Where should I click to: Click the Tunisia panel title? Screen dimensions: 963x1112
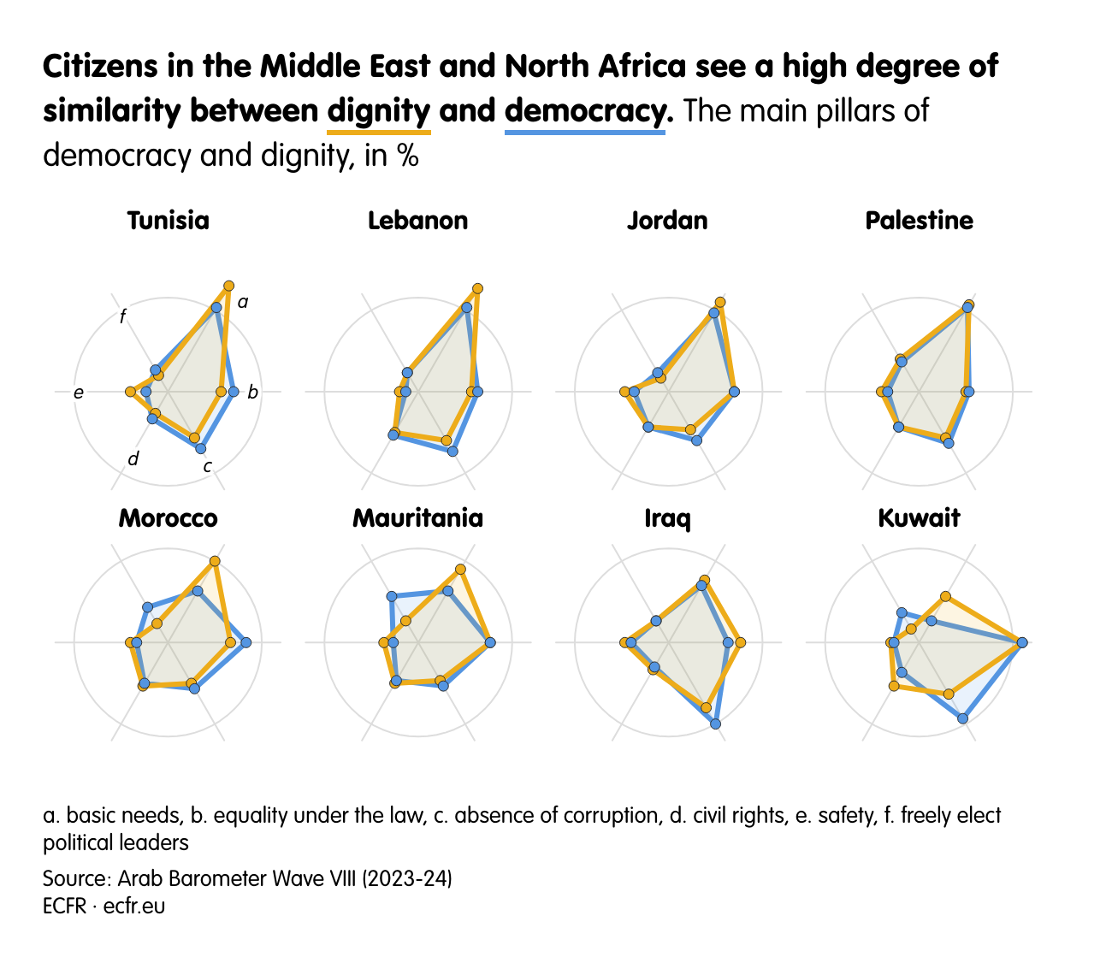pos(168,221)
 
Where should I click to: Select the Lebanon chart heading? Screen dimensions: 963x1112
pos(417,221)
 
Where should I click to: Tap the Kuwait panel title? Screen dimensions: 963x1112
pos(919,518)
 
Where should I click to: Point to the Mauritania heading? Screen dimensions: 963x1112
pos(417,518)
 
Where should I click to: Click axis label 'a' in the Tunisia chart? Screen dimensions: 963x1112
pos(243,302)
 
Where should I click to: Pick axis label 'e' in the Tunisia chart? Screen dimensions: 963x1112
pos(79,393)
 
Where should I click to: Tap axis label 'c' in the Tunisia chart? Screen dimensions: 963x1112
pos(207,467)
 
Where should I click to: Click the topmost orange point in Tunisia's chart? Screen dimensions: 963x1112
pos(228,285)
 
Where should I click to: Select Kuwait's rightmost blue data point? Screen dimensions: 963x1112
pos(1021,642)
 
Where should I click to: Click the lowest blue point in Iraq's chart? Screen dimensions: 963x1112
pos(715,724)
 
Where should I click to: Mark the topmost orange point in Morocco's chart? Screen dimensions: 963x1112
pos(215,561)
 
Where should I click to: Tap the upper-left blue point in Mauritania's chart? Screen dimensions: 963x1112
pos(392,596)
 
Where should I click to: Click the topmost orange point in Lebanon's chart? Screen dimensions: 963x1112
pos(477,289)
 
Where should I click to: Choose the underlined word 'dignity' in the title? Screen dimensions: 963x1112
pos(379,111)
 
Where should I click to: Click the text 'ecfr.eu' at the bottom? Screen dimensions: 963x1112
pos(134,906)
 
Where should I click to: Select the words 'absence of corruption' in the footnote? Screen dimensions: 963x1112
pos(557,815)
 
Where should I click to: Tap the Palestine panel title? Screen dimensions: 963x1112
pos(919,221)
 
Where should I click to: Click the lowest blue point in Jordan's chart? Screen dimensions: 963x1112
pos(696,440)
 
